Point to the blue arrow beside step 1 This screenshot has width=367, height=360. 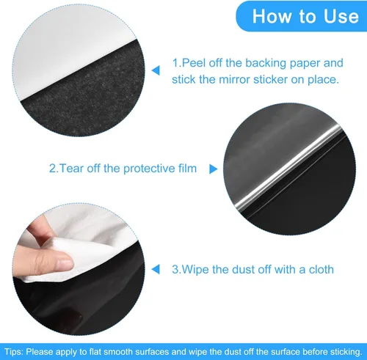(155, 70)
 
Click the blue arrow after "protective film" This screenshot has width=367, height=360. (213, 169)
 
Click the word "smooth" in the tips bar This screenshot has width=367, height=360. (131, 350)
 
